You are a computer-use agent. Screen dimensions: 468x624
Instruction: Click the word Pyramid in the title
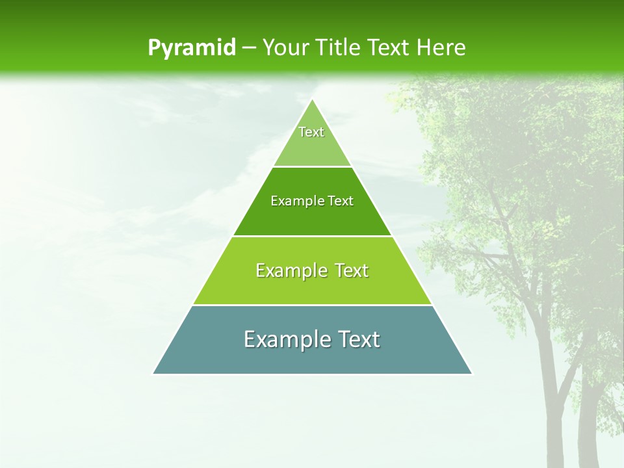192,48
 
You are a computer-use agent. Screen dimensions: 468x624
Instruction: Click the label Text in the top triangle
311,132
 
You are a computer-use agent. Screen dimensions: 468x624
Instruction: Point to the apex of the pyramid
313,99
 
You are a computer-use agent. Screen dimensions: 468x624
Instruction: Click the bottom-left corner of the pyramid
153,373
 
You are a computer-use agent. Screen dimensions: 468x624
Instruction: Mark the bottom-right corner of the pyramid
471,373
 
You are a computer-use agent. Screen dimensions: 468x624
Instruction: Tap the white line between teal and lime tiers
312,305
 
